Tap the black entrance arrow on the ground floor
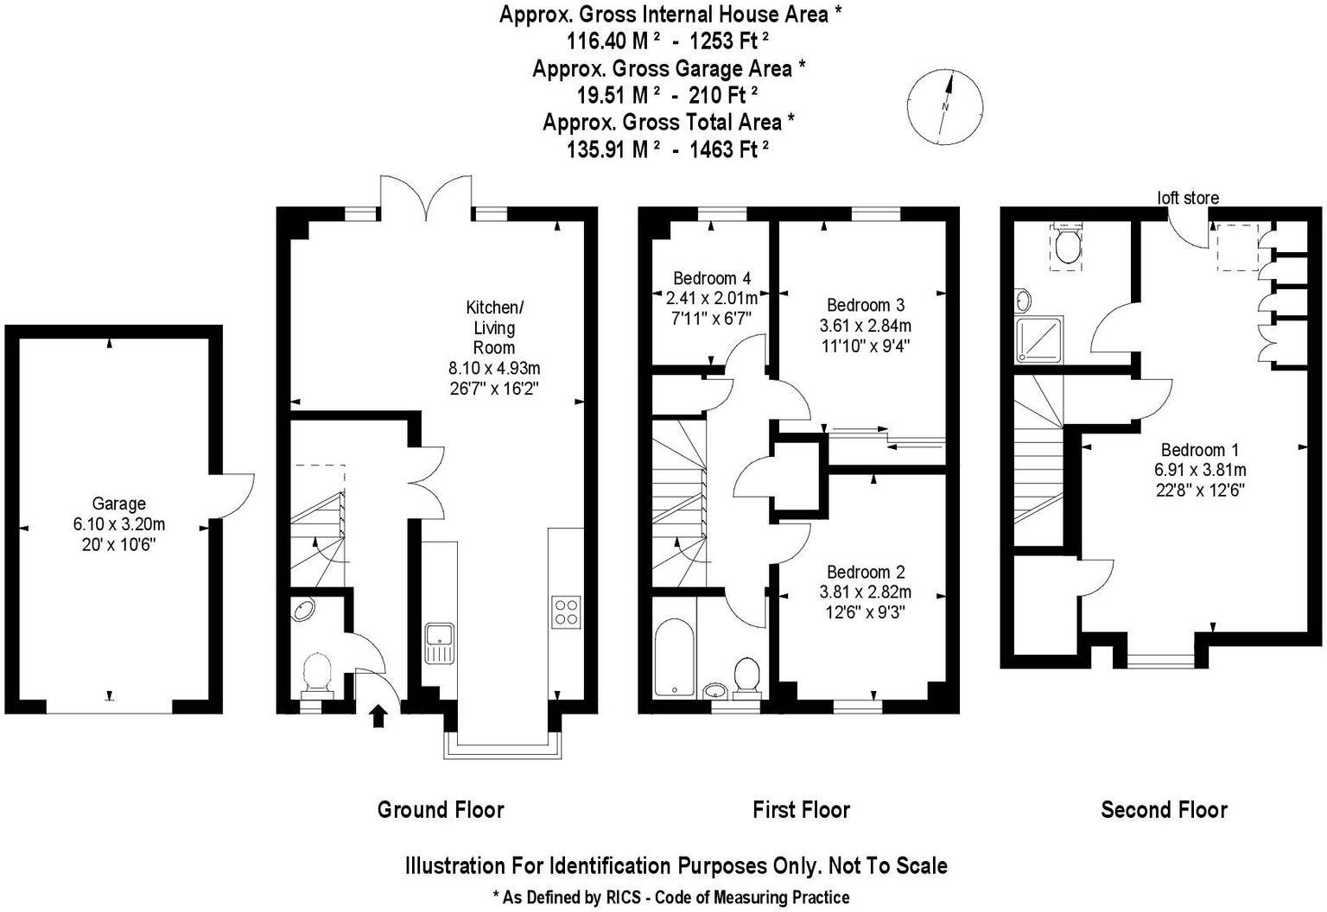(378, 716)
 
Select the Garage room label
(119, 503)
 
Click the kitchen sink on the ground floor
(440, 642)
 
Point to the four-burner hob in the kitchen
(566, 611)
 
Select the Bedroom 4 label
(712, 278)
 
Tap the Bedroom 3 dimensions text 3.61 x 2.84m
(866, 326)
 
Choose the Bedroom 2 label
(866, 572)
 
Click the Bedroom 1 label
(1199, 449)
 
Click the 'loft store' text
(1188, 198)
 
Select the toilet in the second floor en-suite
(1068, 245)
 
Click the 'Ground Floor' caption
(441, 809)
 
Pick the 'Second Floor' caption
(1164, 809)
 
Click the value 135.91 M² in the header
(613, 149)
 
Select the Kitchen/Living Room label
(494, 327)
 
